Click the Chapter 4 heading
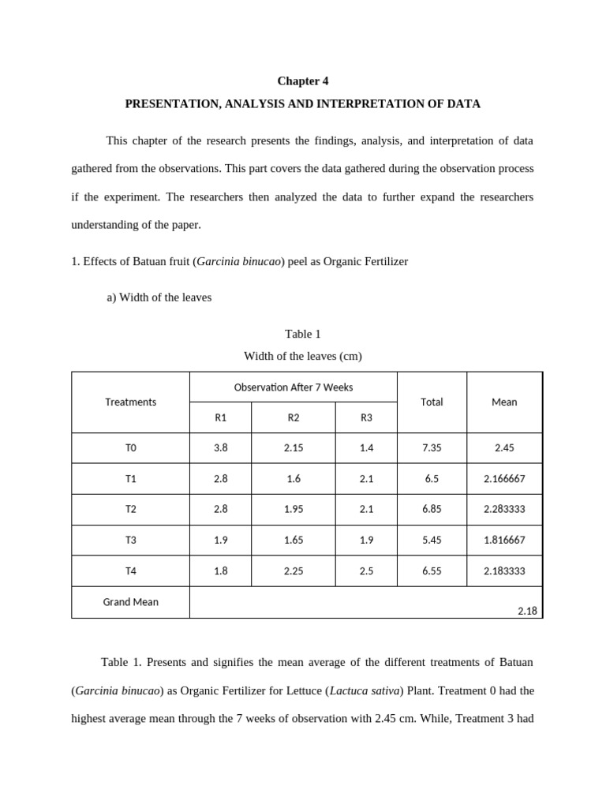pos(302,81)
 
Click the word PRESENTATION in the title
pos(166,104)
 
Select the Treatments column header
pos(130,402)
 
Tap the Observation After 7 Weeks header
pos(294,387)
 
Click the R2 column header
pos(294,417)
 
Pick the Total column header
pos(432,402)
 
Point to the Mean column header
pos(504,402)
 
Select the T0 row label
pos(130,448)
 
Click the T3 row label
pos(130,541)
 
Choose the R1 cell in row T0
pos(220,448)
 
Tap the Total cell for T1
pos(432,479)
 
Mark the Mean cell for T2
pos(504,510)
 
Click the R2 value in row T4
pos(294,571)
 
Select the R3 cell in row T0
pos(366,448)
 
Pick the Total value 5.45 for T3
pos(432,541)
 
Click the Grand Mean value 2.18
pos(527,611)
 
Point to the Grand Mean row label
pos(130,602)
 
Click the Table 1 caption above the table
pos(302,334)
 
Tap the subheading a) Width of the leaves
pos(159,297)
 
